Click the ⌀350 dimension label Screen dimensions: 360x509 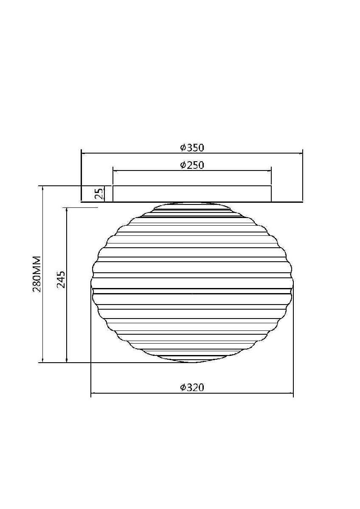[x=192, y=148]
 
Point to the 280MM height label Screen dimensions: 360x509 [x=37, y=274]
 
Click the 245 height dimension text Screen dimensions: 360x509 [x=61, y=279]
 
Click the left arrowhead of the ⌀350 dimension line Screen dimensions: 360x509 [x=84, y=154]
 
